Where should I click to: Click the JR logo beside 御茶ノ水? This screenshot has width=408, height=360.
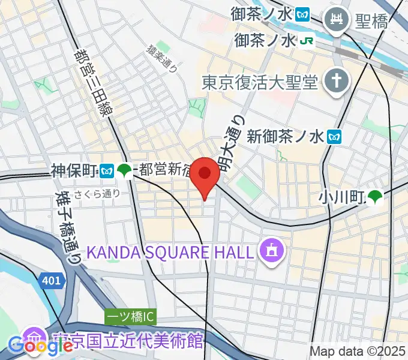point(308,41)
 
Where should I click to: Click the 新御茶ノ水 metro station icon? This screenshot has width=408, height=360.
point(335,137)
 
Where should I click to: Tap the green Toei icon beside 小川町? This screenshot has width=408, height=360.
point(375,196)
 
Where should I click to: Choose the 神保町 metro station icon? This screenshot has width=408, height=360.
point(107,172)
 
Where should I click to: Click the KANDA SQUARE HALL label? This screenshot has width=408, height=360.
point(172,252)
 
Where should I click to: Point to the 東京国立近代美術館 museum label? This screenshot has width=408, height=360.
point(126,340)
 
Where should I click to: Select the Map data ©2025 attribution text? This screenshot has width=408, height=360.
point(358,351)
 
